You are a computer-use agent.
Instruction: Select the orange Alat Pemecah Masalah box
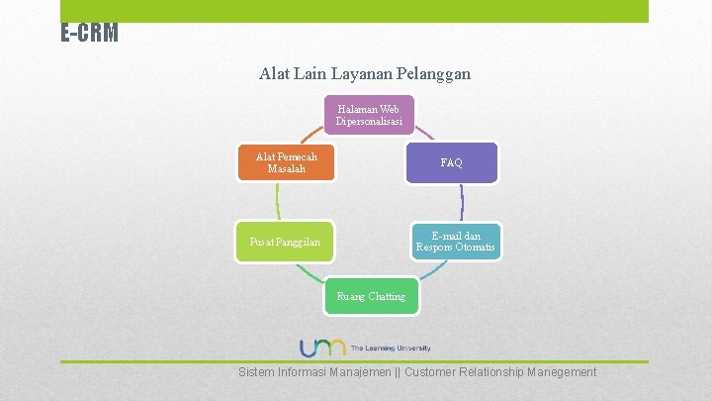click(287, 162)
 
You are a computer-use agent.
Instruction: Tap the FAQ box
click(452, 162)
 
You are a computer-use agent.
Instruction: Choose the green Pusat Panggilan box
click(285, 242)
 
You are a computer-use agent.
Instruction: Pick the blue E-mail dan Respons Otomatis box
click(456, 242)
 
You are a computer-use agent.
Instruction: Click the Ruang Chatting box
click(371, 296)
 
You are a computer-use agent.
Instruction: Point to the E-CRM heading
click(89, 34)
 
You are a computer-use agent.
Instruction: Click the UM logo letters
click(322, 348)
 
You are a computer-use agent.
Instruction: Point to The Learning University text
click(391, 349)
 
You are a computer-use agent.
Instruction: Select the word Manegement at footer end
click(562, 372)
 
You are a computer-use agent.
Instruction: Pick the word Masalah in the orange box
click(287, 169)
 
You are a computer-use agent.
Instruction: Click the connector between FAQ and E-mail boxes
click(462, 202)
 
